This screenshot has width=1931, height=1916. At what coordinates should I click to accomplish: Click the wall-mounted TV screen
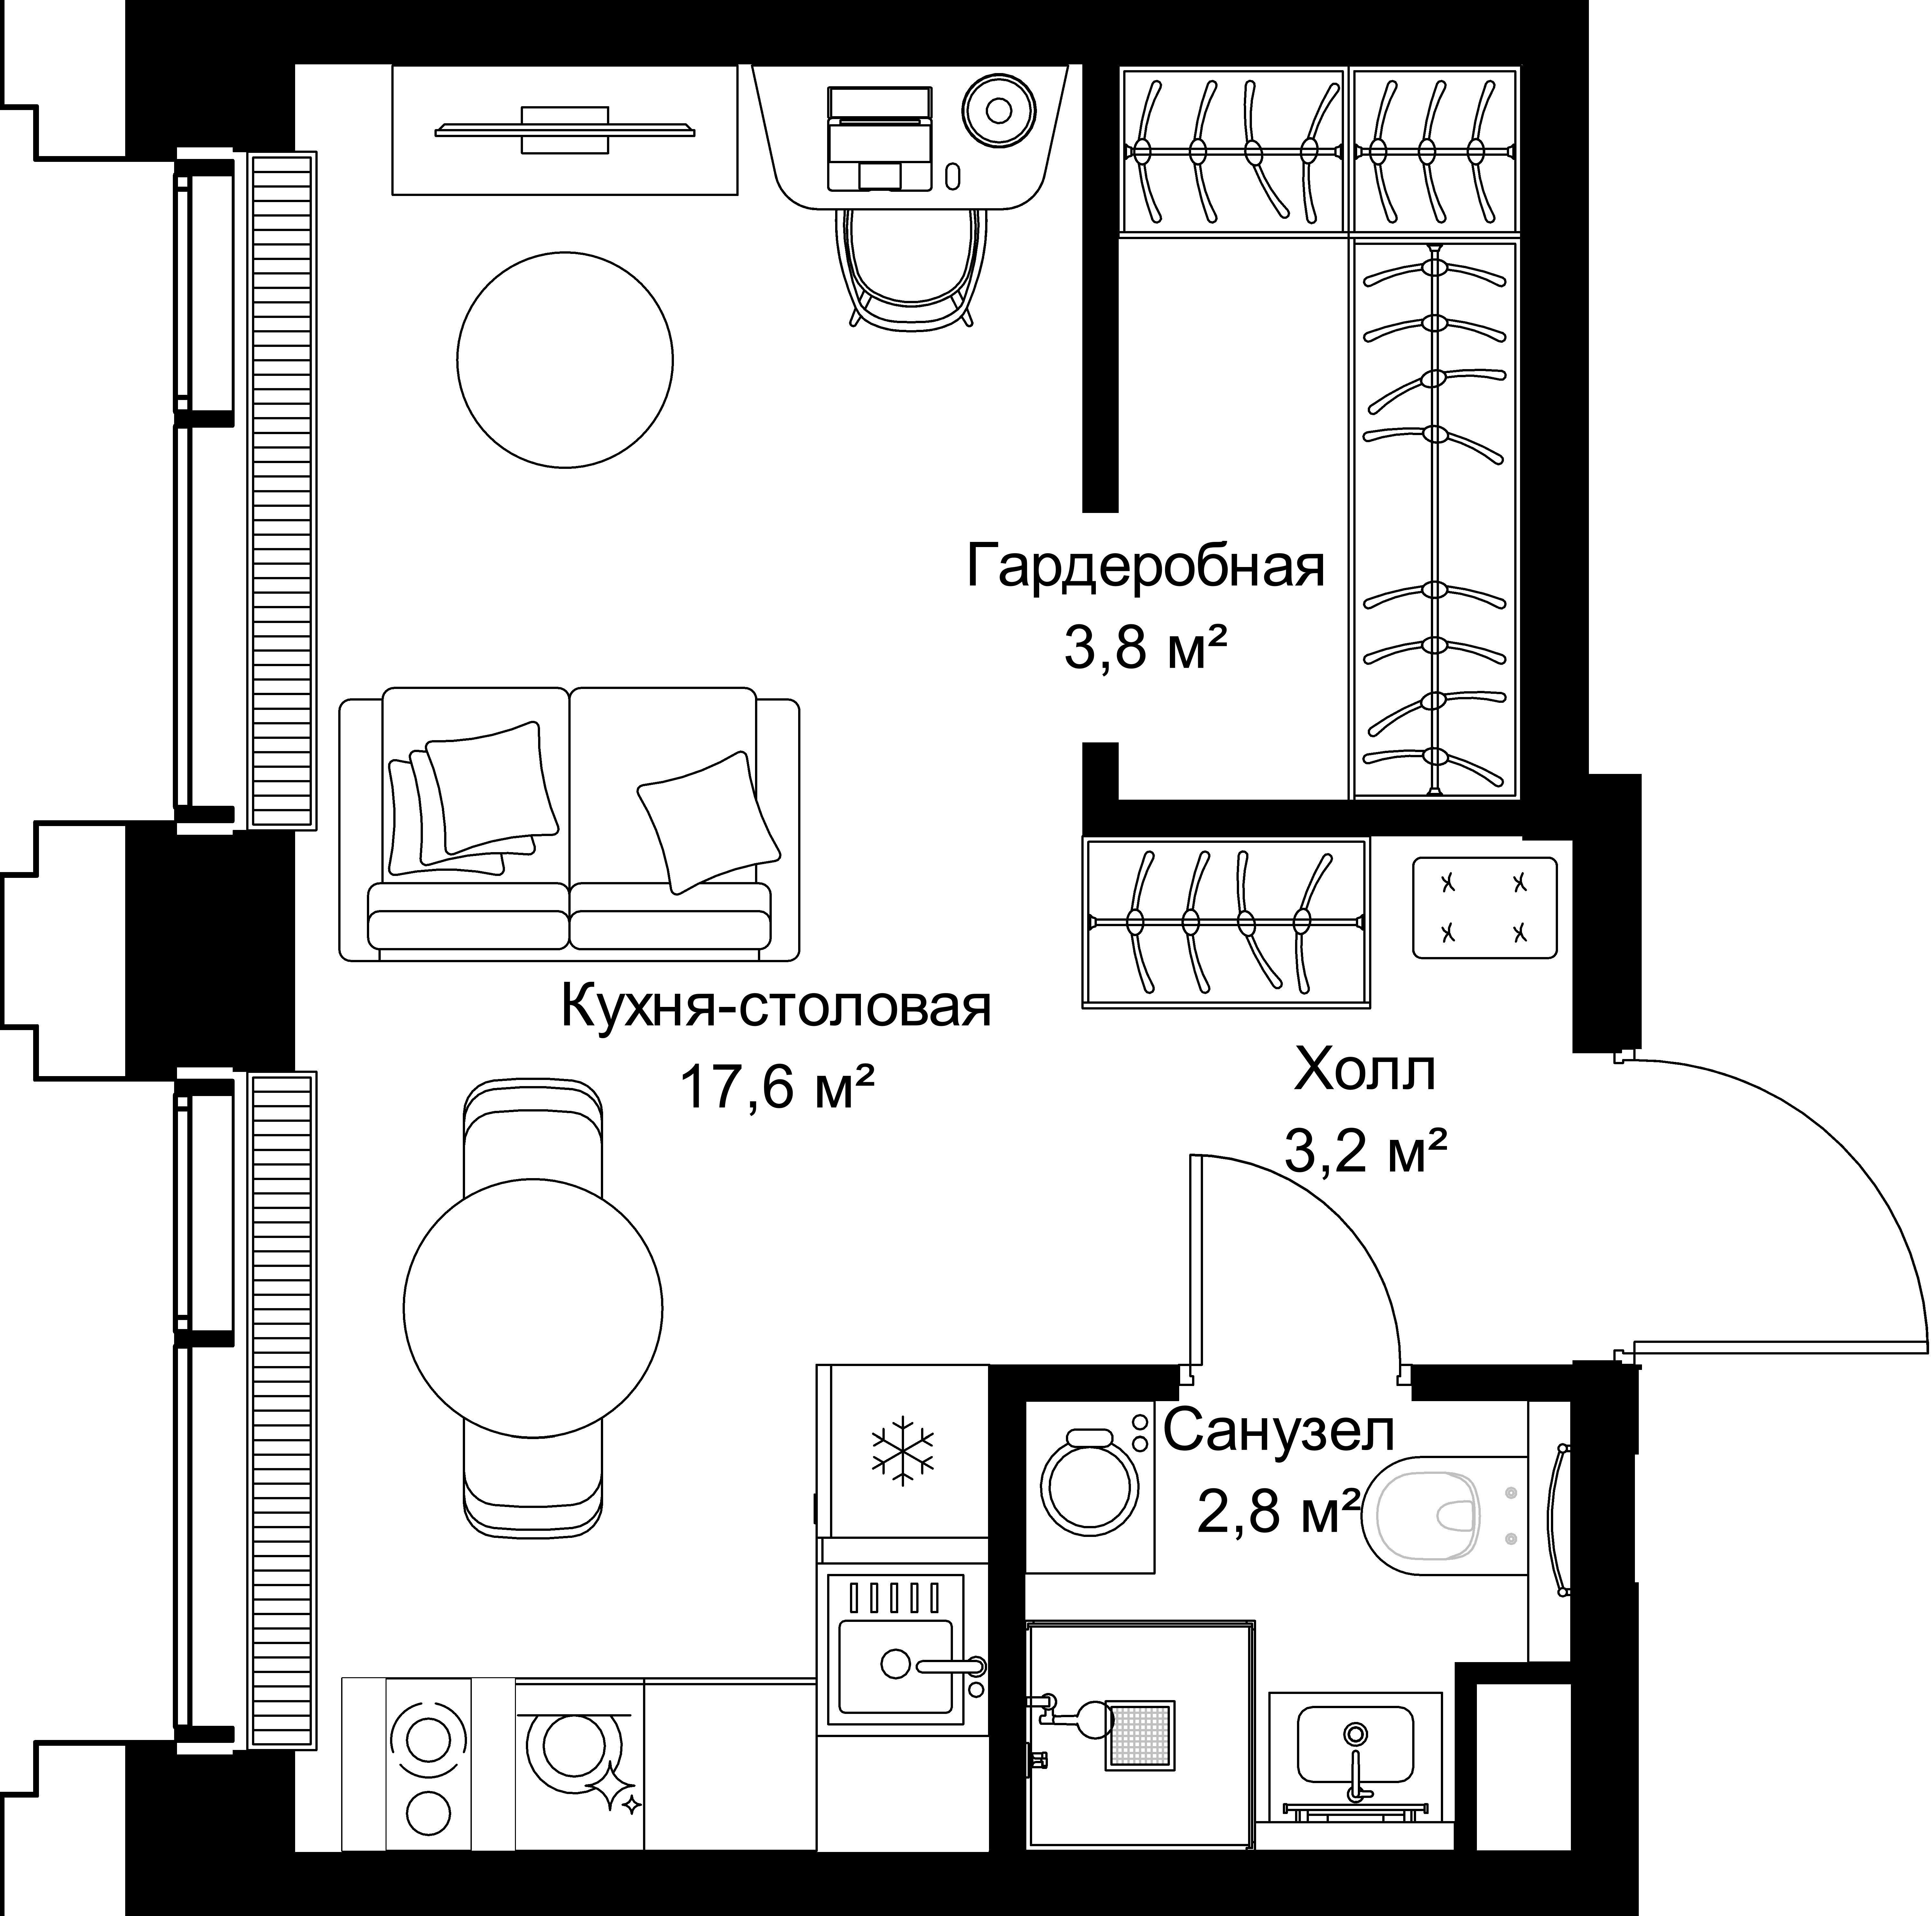[x=565, y=129]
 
